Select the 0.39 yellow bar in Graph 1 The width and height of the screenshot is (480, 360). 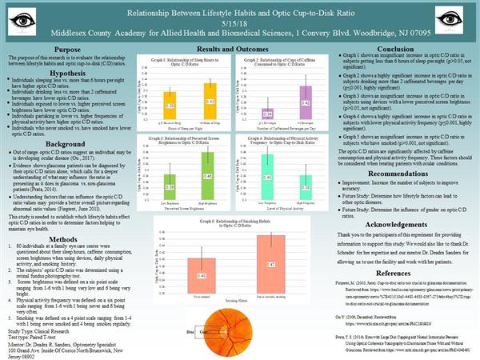[170, 105]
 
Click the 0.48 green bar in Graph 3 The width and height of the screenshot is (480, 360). [207, 174]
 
